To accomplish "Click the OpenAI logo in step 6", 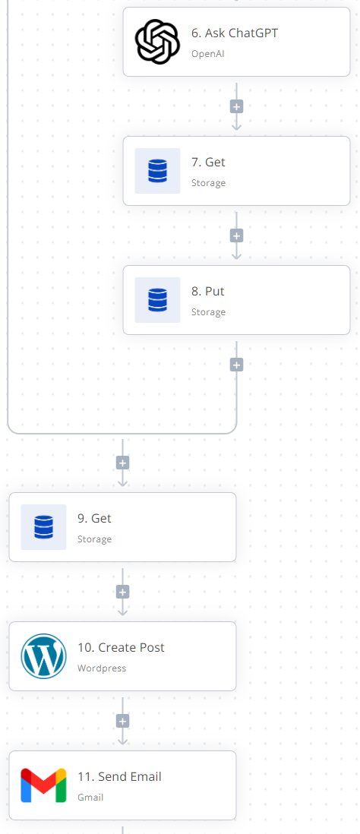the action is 157,42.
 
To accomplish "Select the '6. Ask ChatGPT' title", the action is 235,33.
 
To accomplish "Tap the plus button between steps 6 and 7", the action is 237,106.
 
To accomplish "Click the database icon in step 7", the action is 157,171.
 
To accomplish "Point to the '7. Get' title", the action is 208,163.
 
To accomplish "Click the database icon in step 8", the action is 157,300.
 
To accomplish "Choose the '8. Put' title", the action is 208,292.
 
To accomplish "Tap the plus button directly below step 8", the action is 237,365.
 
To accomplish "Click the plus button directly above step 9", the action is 123,463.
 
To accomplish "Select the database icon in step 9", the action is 43,527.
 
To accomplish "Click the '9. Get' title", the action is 95,519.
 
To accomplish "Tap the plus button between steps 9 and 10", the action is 123,592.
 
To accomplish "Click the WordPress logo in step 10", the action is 43,656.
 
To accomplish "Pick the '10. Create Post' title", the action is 122,647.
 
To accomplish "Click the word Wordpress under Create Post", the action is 102,668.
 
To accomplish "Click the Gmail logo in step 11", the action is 43,785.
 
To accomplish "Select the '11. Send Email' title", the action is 120,776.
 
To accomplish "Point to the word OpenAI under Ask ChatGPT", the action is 208,54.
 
